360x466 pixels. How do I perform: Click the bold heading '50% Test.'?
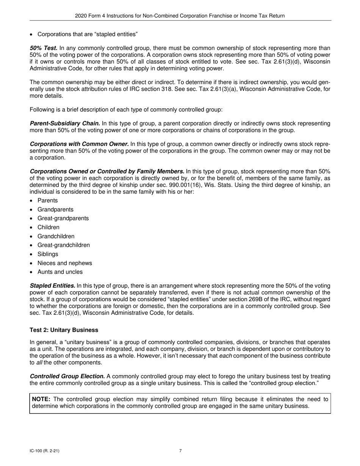click(44, 48)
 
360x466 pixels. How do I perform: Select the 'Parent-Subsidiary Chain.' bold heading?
click(65, 124)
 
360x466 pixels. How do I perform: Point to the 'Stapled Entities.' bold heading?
click(52, 286)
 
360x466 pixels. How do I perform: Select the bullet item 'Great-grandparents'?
click(63, 218)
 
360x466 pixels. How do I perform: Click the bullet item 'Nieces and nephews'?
click(64, 263)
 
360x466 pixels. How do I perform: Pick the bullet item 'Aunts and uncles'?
click(60, 272)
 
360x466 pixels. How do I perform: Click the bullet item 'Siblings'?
click(48, 254)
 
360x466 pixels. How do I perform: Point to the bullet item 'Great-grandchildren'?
click(64, 245)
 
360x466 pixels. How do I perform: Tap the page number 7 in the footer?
click(180, 451)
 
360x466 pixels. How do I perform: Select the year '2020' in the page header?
click(81, 16)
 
